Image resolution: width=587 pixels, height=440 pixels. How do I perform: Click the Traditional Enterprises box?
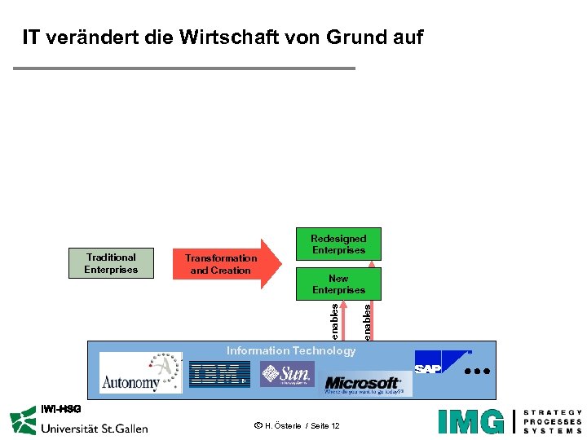tap(111, 263)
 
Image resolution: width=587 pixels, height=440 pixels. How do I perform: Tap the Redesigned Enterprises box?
tap(338, 244)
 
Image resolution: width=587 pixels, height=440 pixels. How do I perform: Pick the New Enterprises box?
tap(338, 284)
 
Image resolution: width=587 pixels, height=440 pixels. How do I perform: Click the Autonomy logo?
tap(140, 373)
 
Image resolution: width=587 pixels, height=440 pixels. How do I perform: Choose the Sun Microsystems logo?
tap(287, 374)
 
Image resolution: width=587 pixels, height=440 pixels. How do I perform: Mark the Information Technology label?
tap(291, 350)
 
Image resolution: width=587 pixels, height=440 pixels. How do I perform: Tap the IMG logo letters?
tap(470, 420)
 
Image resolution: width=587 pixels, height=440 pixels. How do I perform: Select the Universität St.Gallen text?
tap(94, 428)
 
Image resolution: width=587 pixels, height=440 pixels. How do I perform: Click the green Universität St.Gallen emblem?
tap(24, 422)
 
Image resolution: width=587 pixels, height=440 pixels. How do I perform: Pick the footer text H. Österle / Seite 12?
tap(297, 427)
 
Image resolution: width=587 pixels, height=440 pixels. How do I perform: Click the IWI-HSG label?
tap(61, 408)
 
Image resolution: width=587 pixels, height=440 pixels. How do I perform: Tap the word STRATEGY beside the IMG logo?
tap(553, 412)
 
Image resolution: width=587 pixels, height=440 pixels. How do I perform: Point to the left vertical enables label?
tap(334, 321)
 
